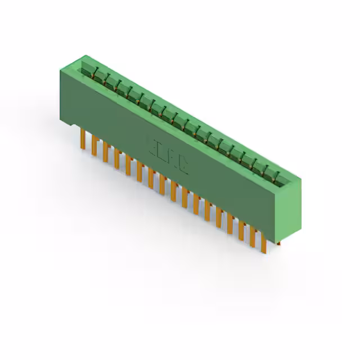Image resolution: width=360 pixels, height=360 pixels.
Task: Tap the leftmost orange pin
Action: pos(83,137)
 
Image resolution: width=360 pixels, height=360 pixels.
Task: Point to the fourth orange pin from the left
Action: pos(116,157)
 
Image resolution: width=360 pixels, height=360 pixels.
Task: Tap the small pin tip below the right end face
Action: pos(280,244)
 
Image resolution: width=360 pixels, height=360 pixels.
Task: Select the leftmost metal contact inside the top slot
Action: pos(98,74)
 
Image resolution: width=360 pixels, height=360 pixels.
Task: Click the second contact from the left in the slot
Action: pos(109,80)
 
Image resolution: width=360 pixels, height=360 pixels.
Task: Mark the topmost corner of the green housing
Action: pos(85,55)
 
